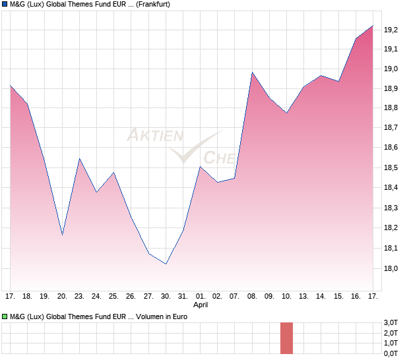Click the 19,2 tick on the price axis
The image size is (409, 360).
click(391, 29)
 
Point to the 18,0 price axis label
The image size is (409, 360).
click(391, 268)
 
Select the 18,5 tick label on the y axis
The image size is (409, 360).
click(391, 168)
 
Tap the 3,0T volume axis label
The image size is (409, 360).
click(391, 322)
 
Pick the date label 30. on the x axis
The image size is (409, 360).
click(166, 297)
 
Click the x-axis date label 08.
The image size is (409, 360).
click(252, 297)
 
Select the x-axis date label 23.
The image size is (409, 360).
click(79, 297)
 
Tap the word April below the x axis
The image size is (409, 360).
click(201, 305)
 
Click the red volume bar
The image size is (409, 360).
click(286, 338)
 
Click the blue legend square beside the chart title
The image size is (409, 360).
click(5, 5)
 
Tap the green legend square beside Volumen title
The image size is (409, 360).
click(5, 317)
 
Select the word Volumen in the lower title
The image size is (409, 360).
click(154, 317)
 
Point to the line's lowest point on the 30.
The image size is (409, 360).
click(166, 264)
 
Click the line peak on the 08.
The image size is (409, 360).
click(252, 73)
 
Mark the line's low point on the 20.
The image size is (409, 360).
click(62, 235)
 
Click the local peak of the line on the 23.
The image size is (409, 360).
click(79, 159)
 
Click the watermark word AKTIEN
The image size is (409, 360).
click(155, 136)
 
